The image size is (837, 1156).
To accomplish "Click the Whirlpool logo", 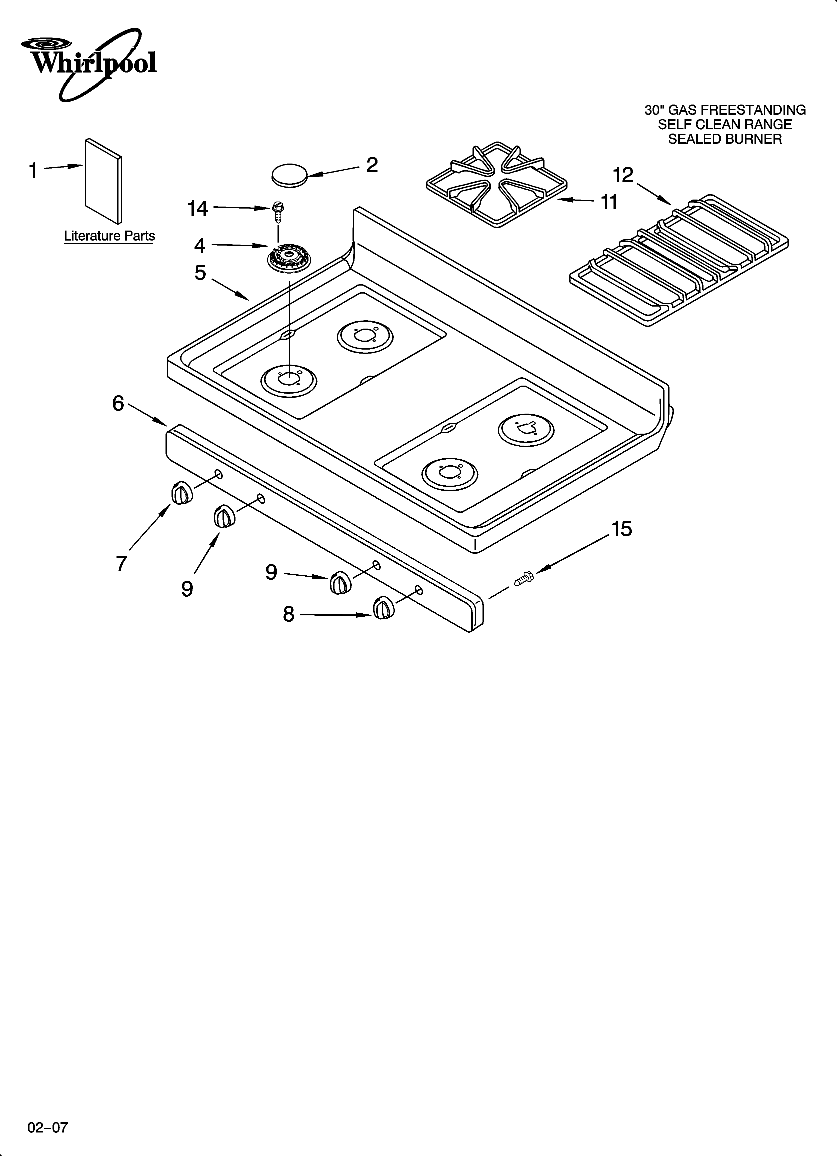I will tap(89, 64).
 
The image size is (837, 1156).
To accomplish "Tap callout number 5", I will tap(200, 273).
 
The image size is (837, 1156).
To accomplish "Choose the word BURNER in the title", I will tap(751, 139).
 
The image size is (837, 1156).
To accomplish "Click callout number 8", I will tap(288, 614).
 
